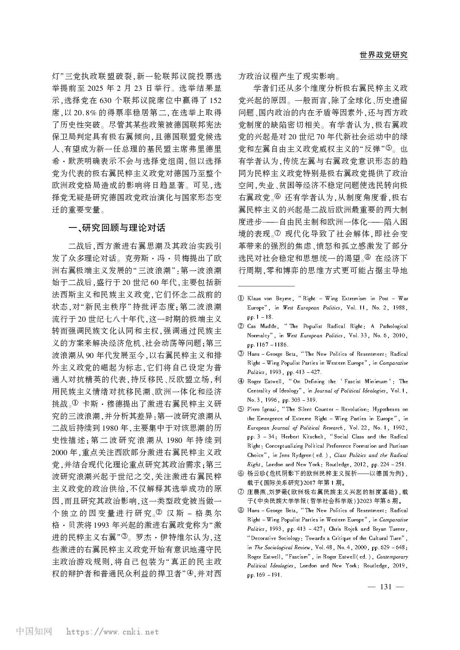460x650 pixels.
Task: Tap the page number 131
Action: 386,586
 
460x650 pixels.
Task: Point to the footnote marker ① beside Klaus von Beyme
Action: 241,299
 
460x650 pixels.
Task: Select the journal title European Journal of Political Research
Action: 295,428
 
